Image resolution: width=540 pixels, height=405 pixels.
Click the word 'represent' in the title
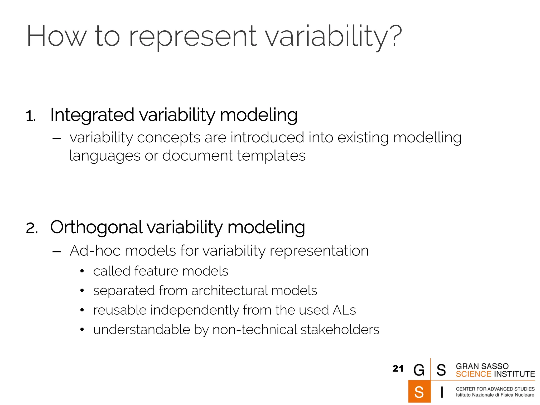(192, 37)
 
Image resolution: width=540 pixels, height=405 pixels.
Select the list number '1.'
(31, 116)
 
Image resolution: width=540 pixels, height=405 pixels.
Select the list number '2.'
(32, 228)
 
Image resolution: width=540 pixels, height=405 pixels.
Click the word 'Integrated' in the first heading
(92, 115)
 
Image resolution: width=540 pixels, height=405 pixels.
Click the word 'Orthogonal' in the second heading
(97, 227)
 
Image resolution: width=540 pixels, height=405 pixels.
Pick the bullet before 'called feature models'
(82, 271)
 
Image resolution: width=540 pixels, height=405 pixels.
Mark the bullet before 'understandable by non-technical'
(82, 330)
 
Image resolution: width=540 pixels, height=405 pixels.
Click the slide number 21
(398, 369)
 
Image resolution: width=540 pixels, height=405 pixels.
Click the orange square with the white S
(419, 392)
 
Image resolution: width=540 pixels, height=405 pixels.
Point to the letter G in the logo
(419, 370)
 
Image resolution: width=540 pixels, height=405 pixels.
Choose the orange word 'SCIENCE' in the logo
(473, 374)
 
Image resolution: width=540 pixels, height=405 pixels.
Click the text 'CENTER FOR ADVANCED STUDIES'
(495, 389)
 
